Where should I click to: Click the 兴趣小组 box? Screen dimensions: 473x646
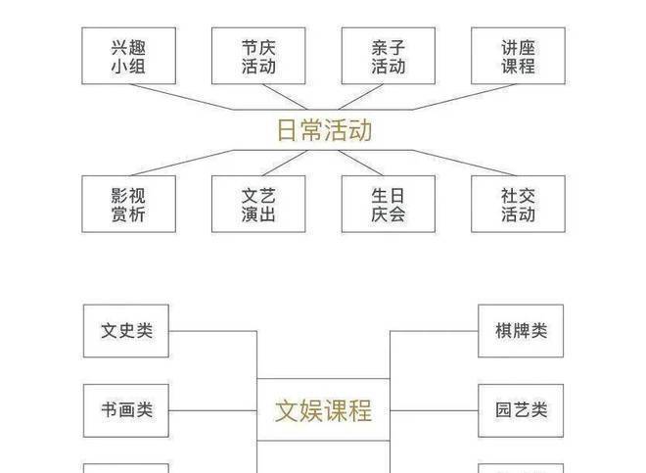coord(128,56)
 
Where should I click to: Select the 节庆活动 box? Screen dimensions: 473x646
coord(258,56)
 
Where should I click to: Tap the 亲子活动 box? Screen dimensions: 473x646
coord(388,56)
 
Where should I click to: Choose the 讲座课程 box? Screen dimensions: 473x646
coord(518,56)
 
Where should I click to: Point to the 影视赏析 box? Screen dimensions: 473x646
coord(128,204)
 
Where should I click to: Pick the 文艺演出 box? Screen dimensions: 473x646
coord(258,204)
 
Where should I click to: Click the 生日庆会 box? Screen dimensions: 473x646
coord(388,204)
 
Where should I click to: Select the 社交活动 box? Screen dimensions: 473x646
coord(518,204)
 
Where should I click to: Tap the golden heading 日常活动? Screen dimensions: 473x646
coord(324,130)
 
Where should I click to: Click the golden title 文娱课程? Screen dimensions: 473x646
coord(323,409)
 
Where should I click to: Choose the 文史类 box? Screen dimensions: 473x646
coord(126,331)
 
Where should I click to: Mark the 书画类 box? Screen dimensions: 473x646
coord(126,410)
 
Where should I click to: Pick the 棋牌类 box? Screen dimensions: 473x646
coord(521,331)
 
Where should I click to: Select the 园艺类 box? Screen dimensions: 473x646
coord(521,410)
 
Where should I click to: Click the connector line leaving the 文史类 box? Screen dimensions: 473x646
coord(210,331)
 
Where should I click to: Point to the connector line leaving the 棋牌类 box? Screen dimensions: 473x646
coord(436,331)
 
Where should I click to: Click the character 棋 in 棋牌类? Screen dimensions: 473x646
coord(503,331)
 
